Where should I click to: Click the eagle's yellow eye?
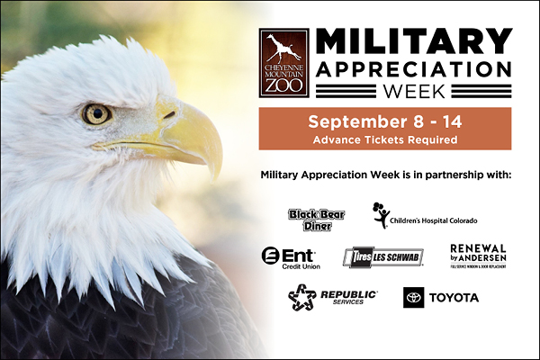click(96, 113)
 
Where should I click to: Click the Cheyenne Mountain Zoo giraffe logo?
click(283, 63)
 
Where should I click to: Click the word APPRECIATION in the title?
click(413, 71)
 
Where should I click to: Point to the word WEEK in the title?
click(413, 91)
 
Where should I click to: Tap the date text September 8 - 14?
click(383, 121)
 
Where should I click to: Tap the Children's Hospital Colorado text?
click(434, 220)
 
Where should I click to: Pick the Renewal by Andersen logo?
click(478, 256)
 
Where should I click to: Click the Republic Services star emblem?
click(301, 296)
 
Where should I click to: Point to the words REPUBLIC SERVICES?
click(349, 296)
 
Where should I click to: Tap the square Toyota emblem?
click(414, 297)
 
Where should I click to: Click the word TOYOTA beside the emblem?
click(454, 297)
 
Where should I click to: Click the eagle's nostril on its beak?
click(168, 114)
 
